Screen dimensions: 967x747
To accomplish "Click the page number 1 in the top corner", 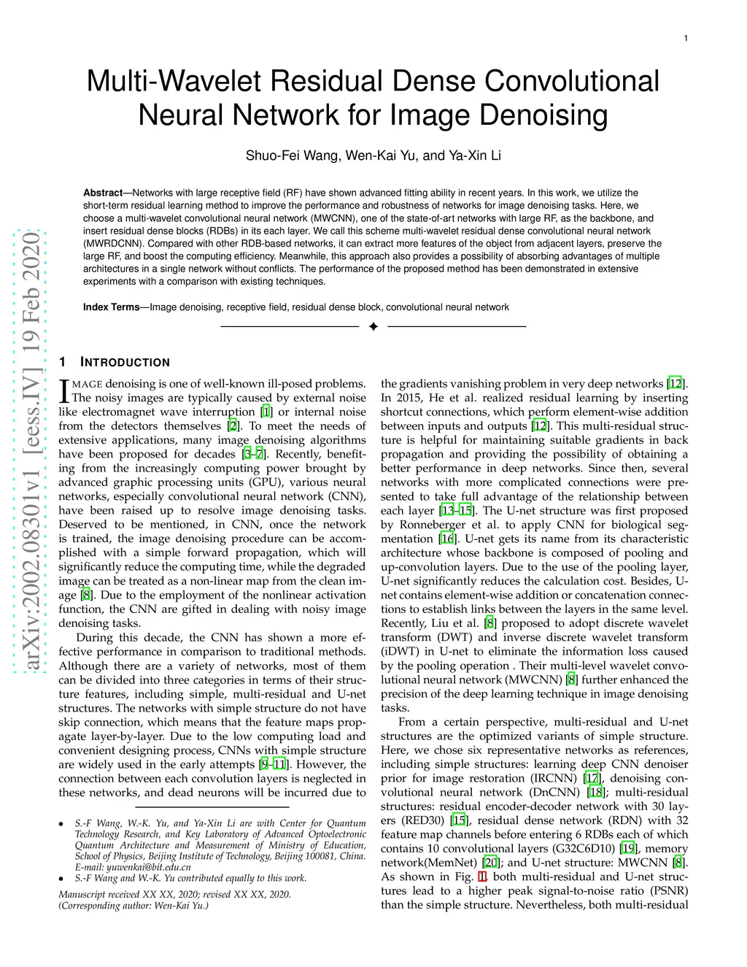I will pos(686,39).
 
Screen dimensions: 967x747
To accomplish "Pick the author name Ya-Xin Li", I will pos(475,155).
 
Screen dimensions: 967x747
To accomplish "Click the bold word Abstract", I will pos(103,193).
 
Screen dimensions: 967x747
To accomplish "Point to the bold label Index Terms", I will pos(111,307).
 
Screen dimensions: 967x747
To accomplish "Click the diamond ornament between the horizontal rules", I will pos(373,326).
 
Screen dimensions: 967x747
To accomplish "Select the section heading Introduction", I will pos(125,363).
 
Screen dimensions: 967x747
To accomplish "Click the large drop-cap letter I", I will pos(63,390).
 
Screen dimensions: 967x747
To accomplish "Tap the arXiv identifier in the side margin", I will pos(31,452).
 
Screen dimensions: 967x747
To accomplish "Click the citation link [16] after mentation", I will pos(447,539).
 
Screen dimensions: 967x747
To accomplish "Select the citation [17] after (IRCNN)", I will pos(593,779).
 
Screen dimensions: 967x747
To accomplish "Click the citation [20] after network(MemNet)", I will pos(491,863).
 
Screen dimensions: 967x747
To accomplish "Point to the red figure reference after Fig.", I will pos(481,877).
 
